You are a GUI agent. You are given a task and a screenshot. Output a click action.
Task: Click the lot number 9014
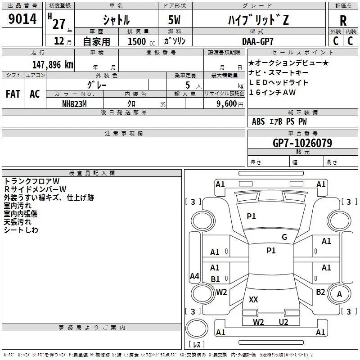(x=22, y=19)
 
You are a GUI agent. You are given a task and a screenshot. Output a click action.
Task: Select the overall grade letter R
(x=343, y=21)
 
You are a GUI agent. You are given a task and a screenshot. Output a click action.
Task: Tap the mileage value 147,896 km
(x=53, y=65)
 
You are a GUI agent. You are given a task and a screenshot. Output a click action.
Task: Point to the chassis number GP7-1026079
(x=302, y=143)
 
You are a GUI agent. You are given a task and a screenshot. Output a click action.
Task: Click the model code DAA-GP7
(x=257, y=41)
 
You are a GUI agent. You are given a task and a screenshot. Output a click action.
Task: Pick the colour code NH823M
(x=74, y=104)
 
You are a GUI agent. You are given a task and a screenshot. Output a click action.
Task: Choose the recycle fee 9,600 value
(x=227, y=104)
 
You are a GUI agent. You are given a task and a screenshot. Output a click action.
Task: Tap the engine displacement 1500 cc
(x=141, y=41)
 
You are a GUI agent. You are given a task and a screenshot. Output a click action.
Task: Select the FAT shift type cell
(x=13, y=94)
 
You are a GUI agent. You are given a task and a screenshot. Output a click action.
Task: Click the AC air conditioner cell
(x=35, y=94)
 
